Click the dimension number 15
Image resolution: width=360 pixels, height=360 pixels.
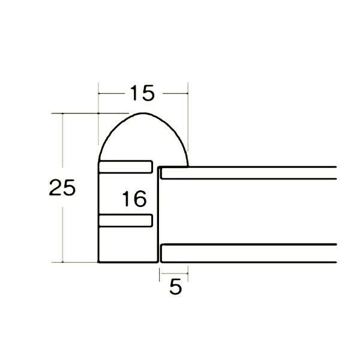[142, 93]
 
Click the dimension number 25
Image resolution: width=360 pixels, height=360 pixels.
[62, 188]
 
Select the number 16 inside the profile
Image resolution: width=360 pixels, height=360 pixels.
[134, 199]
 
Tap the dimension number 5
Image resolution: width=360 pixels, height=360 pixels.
[175, 287]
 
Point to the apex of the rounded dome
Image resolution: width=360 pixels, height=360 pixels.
[143, 113]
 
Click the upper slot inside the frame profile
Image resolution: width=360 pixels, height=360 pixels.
[125, 167]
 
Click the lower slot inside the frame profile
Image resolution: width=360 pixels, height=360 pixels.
[125, 220]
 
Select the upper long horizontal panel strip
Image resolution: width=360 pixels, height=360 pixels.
[248, 173]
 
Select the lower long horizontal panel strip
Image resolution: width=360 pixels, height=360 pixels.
[248, 253]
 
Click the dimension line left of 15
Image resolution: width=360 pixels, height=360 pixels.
[112, 94]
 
